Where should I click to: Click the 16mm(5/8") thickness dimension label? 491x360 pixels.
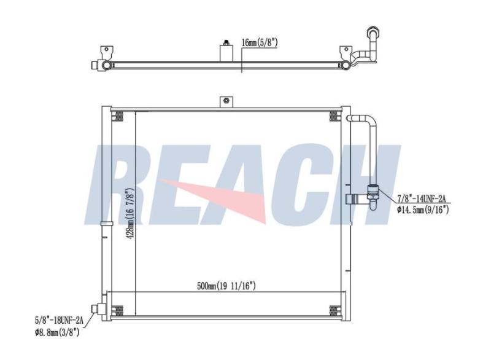pyautogui.click(x=260, y=42)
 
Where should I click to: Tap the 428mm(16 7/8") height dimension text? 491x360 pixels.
pyautogui.click(x=130, y=214)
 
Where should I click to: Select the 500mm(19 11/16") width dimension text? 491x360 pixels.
pyautogui.click(x=226, y=286)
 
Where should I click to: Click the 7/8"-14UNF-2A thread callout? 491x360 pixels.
pyautogui.click(x=423, y=198)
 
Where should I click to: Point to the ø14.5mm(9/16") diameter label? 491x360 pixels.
pyautogui.click(x=423, y=209)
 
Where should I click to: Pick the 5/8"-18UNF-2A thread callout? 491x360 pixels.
pyautogui.click(x=59, y=320)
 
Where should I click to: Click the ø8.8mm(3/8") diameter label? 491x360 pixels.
pyautogui.click(x=57, y=332)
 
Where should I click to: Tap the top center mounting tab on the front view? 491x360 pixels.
pyautogui.click(x=226, y=101)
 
